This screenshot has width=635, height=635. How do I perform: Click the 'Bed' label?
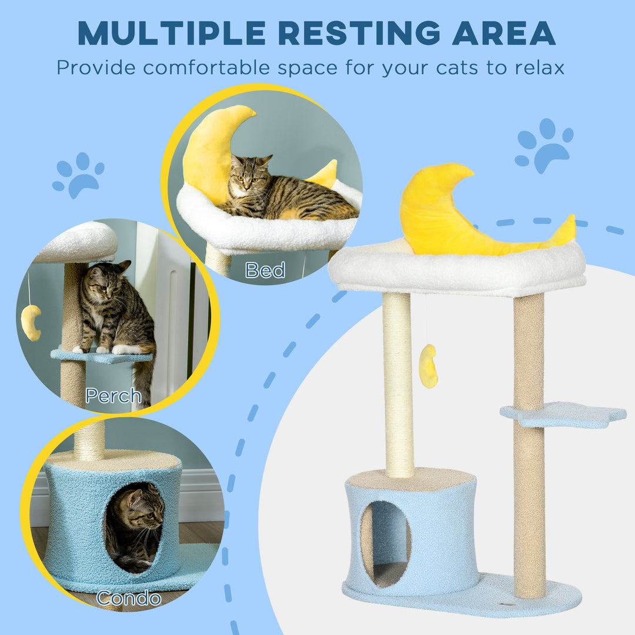click(x=265, y=270)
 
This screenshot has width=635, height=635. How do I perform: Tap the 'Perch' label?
click(x=113, y=396)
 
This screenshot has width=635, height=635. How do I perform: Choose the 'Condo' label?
click(x=128, y=599)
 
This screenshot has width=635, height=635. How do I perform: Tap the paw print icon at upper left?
click(x=78, y=175)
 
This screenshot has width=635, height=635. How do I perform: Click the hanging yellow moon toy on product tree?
click(x=428, y=366)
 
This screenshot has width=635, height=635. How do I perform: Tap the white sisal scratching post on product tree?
click(x=399, y=382)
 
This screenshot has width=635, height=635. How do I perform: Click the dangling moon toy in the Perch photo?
click(x=31, y=322)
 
